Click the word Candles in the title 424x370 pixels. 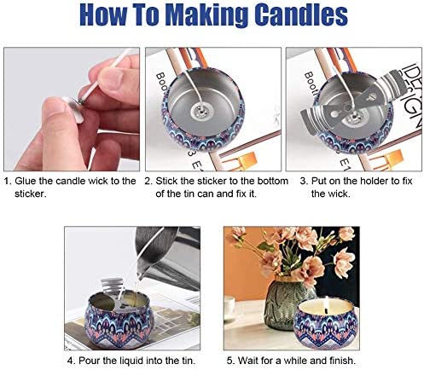point(301,15)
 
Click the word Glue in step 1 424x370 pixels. point(26,181)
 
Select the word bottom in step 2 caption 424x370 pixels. point(272,181)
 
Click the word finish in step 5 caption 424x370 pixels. point(342,361)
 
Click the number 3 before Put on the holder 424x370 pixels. point(304,181)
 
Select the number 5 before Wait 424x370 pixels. point(230,361)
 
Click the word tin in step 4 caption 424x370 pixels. point(188,361)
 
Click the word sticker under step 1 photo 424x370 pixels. point(31,194)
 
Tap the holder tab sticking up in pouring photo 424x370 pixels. point(112,286)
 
